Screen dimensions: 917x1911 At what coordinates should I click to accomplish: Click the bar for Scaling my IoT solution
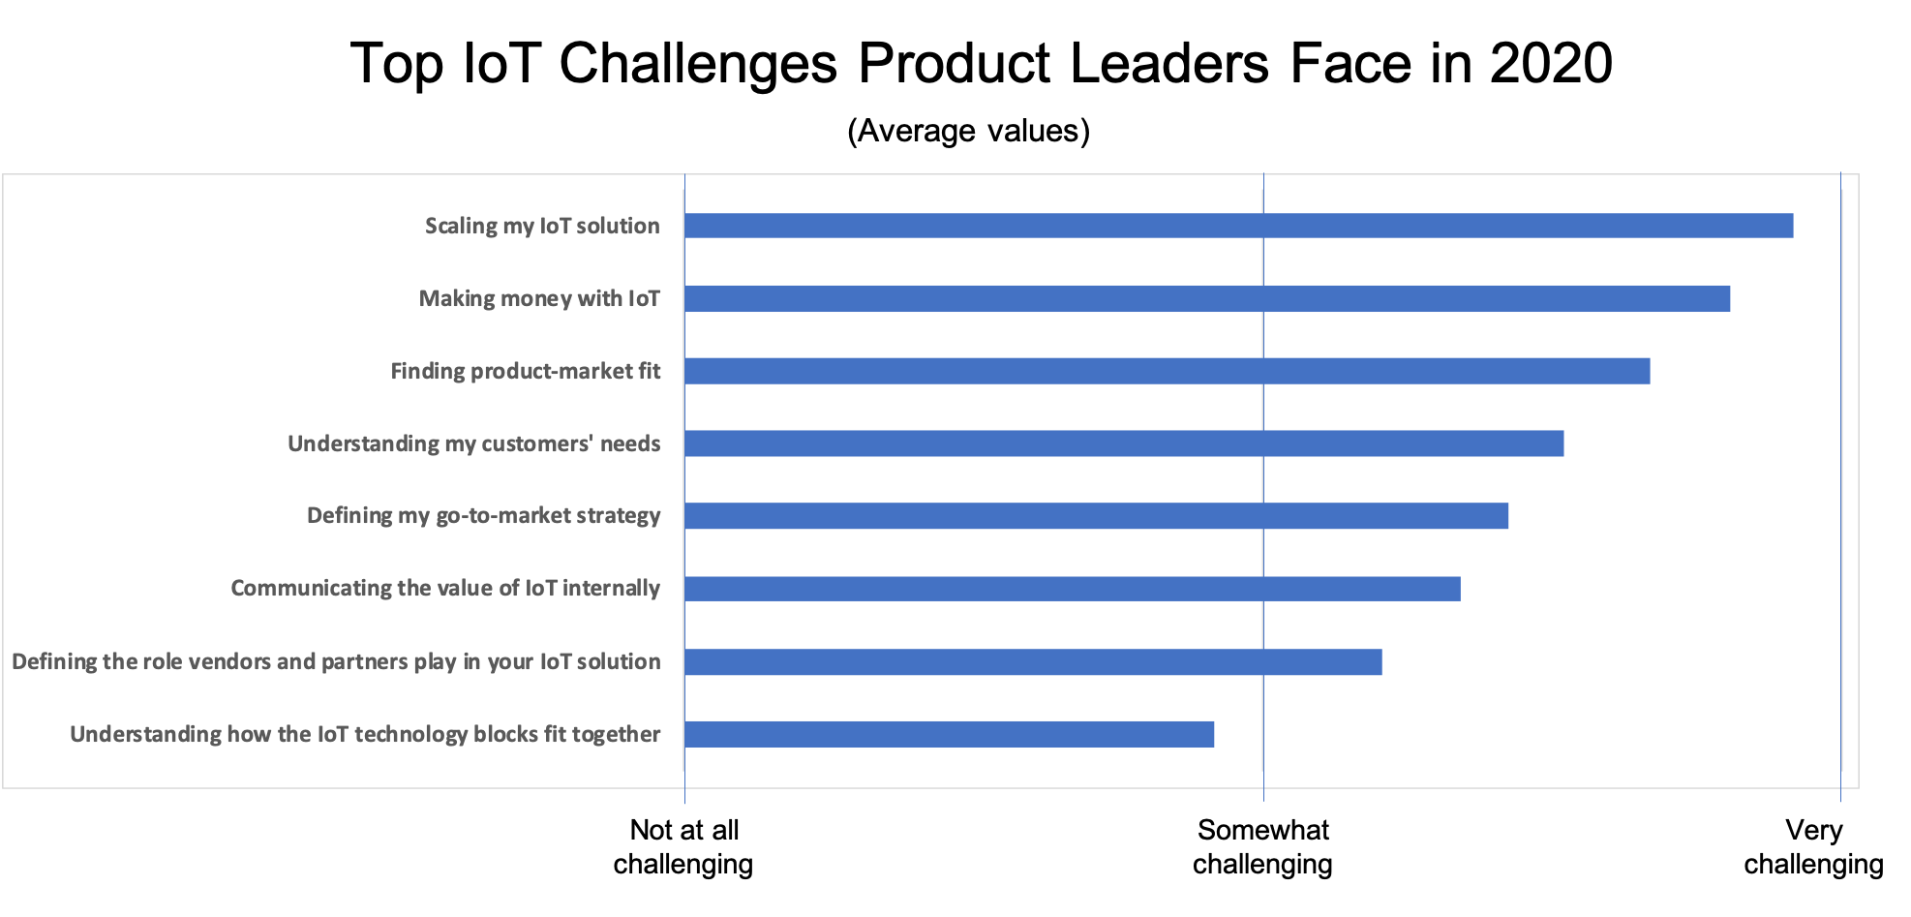[x=1238, y=226]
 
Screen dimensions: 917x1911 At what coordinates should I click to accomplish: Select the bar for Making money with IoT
[x=1206, y=298]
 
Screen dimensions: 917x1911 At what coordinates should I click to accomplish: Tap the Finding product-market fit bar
[x=1167, y=371]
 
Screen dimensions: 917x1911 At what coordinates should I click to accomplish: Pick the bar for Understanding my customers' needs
[x=1123, y=443]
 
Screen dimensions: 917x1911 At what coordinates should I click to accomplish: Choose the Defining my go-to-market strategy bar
[x=1096, y=516]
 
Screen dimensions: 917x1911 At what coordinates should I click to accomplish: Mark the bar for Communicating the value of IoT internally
[x=1072, y=589]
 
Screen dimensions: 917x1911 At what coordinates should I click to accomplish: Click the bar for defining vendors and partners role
[x=1033, y=662]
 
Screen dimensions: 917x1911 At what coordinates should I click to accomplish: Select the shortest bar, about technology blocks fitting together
[x=949, y=734]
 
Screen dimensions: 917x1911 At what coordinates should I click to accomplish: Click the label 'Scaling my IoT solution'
[x=542, y=226]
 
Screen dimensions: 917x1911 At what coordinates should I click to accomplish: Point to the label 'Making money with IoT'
[x=539, y=298]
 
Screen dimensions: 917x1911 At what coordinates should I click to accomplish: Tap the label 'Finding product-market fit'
[x=525, y=371]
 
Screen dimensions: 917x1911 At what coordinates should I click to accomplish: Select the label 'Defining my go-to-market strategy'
[x=483, y=516]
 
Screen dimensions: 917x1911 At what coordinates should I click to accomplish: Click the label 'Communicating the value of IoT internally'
[x=445, y=589]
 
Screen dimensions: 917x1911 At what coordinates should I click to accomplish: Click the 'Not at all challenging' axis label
[x=683, y=846]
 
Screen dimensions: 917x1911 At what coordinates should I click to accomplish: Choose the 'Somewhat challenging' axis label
[x=1262, y=846]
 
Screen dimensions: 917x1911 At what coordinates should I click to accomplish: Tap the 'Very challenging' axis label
[x=1813, y=846]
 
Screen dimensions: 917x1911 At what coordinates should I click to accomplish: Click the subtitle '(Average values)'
[x=968, y=131]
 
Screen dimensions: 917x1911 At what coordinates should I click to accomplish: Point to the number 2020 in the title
[x=1551, y=64]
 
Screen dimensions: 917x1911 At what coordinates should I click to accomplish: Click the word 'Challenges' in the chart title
[x=698, y=64]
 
